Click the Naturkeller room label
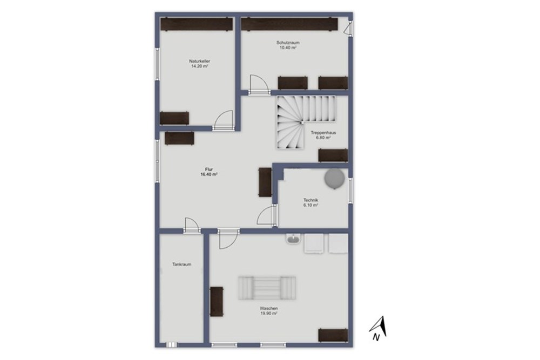(x=199, y=62)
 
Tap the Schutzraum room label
(x=288, y=42)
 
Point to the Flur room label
(x=208, y=169)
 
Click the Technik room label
(x=310, y=200)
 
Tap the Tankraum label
(x=181, y=264)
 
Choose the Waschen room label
(x=268, y=308)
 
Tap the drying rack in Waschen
(x=268, y=288)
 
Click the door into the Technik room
(x=267, y=216)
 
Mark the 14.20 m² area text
(x=199, y=66)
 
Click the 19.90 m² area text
(x=268, y=313)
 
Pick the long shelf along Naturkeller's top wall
(x=197, y=24)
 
